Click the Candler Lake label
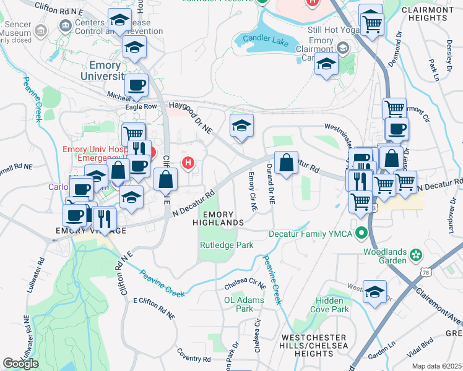point(266,38)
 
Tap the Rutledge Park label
point(227,245)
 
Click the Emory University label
point(107,70)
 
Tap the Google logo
point(20,364)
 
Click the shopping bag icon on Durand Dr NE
point(286,163)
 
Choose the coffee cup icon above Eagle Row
point(136,86)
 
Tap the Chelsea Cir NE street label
point(245,285)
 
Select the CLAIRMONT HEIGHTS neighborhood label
point(427,14)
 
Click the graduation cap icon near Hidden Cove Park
point(374,292)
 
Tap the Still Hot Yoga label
point(335,30)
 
